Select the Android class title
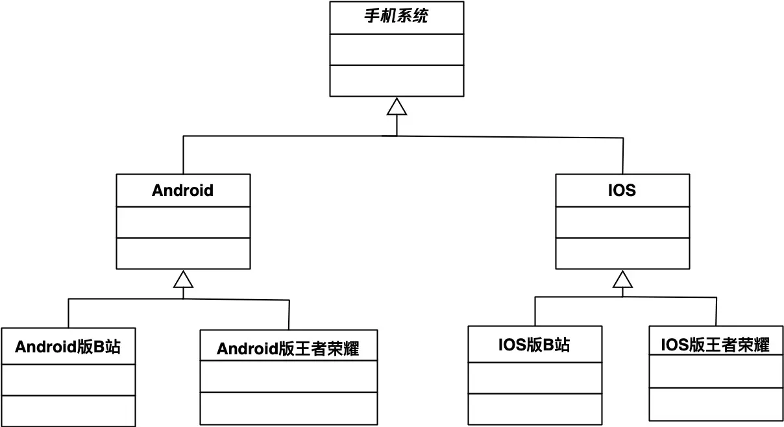182,190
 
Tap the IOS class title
622,191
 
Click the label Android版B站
67,347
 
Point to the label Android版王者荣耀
288,349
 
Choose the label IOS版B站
534,345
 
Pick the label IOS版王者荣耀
715,345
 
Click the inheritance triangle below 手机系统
397,106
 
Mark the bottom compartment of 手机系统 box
396,80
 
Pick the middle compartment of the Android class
183,222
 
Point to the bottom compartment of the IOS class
622,253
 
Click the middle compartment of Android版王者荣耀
288,376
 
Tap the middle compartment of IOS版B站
534,378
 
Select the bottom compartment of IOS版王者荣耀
716,404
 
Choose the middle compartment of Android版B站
67,380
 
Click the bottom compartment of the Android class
183,253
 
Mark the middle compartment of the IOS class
622,223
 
